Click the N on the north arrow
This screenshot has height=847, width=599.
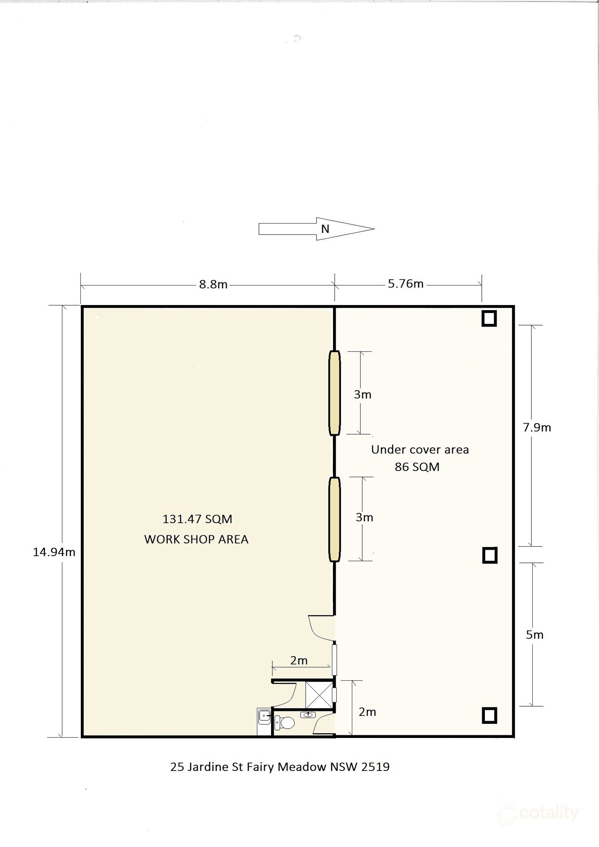click(x=325, y=229)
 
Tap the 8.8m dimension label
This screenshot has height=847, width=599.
click(x=213, y=284)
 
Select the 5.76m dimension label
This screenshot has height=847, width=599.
click(x=406, y=284)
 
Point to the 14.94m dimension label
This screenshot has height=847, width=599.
click(x=54, y=552)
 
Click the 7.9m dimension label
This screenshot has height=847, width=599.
click(x=537, y=427)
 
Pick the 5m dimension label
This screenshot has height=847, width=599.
click(x=535, y=635)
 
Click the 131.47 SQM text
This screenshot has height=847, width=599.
click(x=197, y=519)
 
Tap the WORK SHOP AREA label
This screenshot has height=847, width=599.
click(x=196, y=539)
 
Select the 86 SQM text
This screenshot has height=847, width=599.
click(x=417, y=467)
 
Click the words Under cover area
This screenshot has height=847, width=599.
click(x=420, y=449)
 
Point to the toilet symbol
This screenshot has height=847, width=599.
click(x=284, y=722)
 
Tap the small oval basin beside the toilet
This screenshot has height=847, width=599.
click(x=308, y=715)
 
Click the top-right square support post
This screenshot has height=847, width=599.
click(x=489, y=318)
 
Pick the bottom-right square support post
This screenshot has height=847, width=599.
click(x=489, y=715)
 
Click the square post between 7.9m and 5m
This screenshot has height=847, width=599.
click(x=490, y=555)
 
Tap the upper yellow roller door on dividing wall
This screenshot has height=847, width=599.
click(x=334, y=393)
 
